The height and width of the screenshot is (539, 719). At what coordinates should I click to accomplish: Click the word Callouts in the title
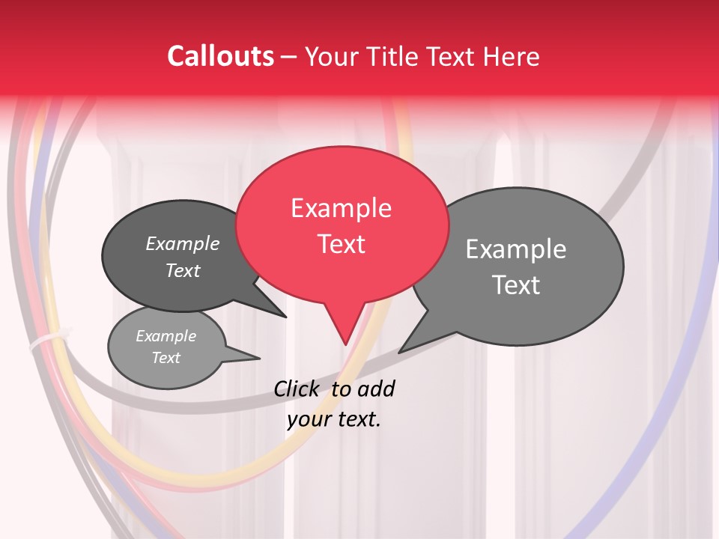pos(220,56)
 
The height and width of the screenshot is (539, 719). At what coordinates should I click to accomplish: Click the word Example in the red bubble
pos(341,207)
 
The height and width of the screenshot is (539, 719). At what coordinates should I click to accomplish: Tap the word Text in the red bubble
pos(341,244)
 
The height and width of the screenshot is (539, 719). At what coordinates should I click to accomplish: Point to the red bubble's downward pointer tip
pos(345,344)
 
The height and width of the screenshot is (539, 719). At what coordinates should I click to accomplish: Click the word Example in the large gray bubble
pos(516,249)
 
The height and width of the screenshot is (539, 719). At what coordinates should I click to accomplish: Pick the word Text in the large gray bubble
pos(516,284)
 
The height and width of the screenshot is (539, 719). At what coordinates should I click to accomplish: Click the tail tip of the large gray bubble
pos(400,352)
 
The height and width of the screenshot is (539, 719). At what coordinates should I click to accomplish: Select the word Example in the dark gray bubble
pos(183,243)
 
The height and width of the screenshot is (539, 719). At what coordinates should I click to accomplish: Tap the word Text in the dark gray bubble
pos(183,270)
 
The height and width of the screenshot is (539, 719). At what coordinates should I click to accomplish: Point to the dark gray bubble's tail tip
pos(286,317)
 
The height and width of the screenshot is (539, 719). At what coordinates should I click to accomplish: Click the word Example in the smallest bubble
pos(166,336)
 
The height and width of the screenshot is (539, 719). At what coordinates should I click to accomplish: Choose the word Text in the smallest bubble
pos(166,358)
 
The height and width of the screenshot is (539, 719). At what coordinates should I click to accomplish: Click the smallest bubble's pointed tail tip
pos(259,357)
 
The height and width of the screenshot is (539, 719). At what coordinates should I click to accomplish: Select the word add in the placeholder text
pos(375,389)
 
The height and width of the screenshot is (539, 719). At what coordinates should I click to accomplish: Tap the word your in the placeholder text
pos(309,419)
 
